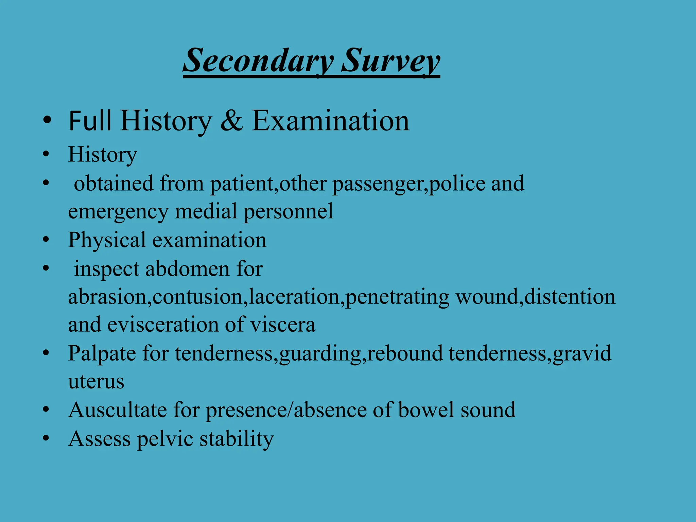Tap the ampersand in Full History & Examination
pos(232,121)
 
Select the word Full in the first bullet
pos(90,121)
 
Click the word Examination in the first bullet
pos(330,121)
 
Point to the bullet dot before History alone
pos(46,154)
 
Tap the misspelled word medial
pos(206,211)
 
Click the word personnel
pos(289,211)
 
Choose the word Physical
pos(107,240)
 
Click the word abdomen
pos(188,269)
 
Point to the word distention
pos(570,297)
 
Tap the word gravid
pos(581,353)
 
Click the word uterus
pos(96,382)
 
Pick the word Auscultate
pos(117,410)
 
